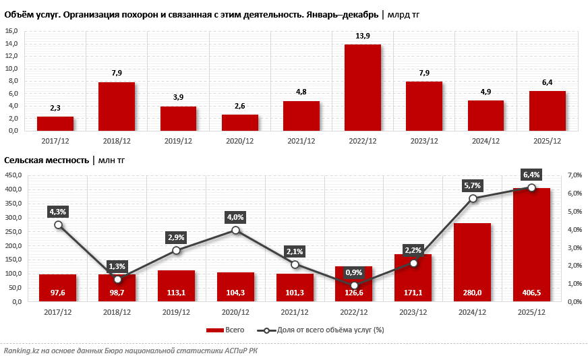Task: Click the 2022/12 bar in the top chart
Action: pos(363,88)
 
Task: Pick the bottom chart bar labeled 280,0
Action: pos(472,262)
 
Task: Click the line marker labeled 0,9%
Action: pos(355,285)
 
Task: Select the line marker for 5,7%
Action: pos(473,198)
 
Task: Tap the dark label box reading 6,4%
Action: pos(531,175)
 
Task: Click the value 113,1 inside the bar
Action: pos(176,293)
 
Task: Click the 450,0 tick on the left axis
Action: pos(14,175)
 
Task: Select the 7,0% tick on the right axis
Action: pos(575,175)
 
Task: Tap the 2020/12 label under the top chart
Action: pos(239,141)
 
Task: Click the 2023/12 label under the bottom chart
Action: pos(413,312)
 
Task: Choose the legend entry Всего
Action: pos(226,330)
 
